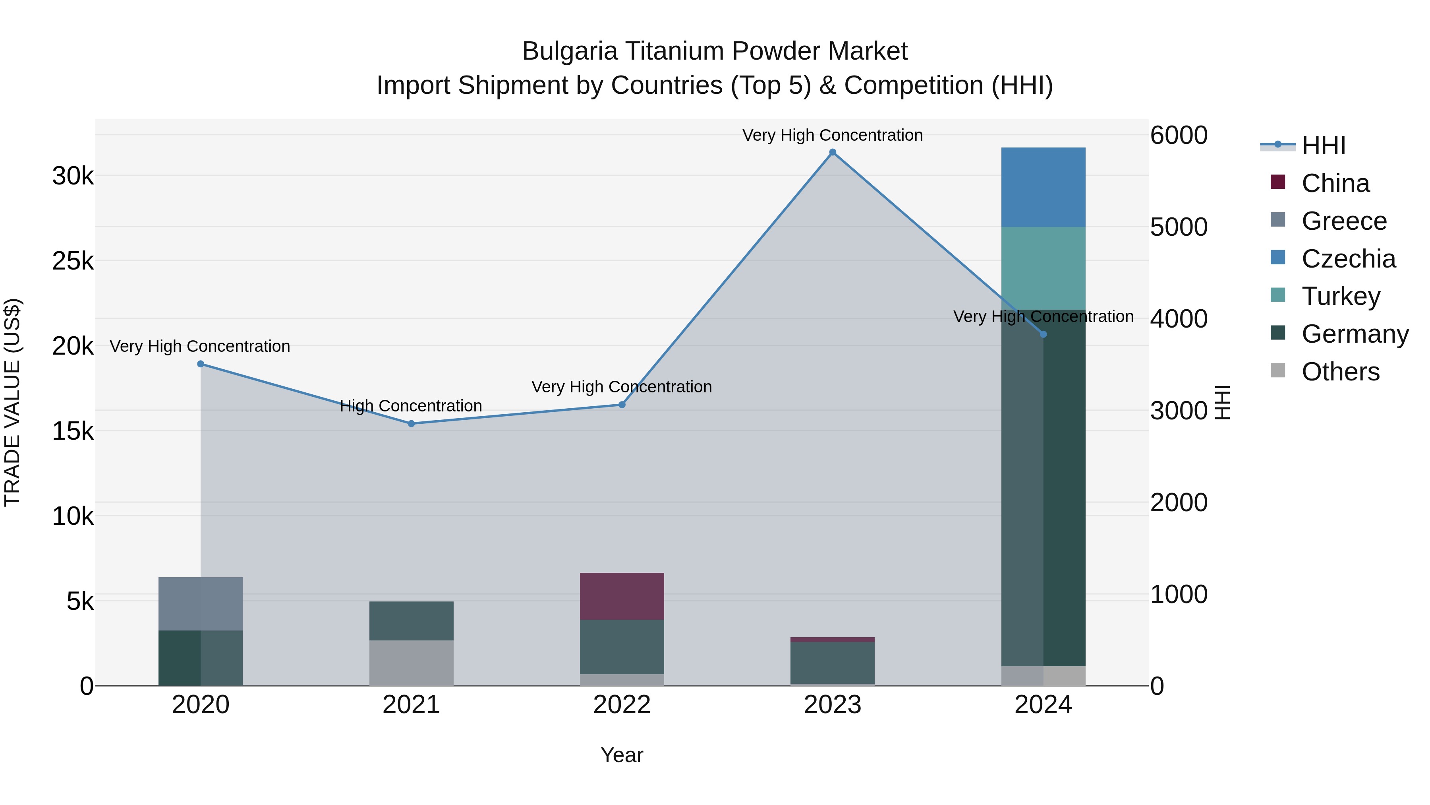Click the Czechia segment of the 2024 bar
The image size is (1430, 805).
[1043, 187]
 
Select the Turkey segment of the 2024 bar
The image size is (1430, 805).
[1043, 268]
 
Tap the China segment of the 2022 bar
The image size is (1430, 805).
[622, 596]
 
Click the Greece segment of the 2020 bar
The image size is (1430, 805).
[201, 604]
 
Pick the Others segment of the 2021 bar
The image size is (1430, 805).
[412, 663]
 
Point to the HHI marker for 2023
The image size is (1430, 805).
[832, 152]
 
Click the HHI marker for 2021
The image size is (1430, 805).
[412, 424]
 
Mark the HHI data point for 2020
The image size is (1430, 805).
[201, 364]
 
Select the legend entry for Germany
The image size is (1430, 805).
[1355, 334]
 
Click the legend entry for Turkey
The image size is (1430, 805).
[1341, 296]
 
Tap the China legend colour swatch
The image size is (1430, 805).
[1277, 182]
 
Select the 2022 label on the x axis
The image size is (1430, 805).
[622, 705]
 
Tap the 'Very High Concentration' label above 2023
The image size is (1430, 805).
[832, 135]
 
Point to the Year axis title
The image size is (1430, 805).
[622, 755]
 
